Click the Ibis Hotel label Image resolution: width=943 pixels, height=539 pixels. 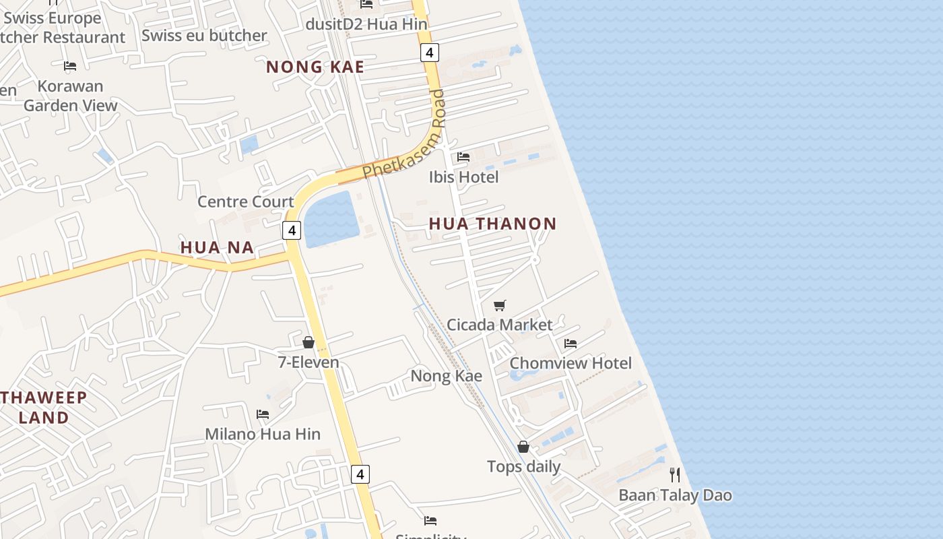[x=463, y=177]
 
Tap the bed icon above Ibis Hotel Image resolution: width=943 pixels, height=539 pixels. [x=463, y=157]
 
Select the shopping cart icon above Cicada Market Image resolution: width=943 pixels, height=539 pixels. [x=499, y=305]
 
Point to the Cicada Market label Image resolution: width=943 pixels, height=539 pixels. [x=499, y=325]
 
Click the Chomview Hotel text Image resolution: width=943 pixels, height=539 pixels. [x=570, y=363]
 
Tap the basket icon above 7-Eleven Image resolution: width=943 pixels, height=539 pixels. [x=308, y=343]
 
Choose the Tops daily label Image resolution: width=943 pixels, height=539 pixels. [x=523, y=466]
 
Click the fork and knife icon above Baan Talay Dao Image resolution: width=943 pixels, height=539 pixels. [x=675, y=475]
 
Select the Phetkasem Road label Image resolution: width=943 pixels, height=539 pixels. [x=405, y=135]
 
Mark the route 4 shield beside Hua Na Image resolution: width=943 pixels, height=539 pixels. [x=291, y=230]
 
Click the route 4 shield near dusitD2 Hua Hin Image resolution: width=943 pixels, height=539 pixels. [x=429, y=52]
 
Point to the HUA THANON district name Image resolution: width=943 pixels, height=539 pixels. [x=492, y=224]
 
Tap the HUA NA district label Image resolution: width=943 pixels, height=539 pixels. [x=217, y=247]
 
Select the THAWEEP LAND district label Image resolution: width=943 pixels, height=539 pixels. [x=44, y=407]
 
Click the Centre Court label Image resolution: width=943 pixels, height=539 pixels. [x=245, y=201]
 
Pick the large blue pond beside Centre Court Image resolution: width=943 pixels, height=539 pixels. [x=331, y=219]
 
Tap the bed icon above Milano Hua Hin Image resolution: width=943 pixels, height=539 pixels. [x=263, y=414]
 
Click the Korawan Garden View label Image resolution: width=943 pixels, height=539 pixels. [x=70, y=96]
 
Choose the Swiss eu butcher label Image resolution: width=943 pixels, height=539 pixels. [x=204, y=35]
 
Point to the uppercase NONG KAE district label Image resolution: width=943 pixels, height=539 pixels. [x=315, y=67]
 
